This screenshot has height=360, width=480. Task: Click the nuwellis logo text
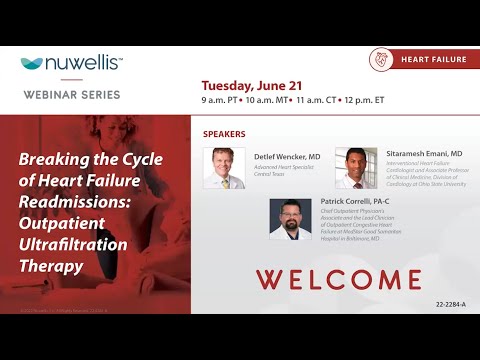[x=80, y=65]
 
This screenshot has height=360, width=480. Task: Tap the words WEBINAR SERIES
[x=71, y=95]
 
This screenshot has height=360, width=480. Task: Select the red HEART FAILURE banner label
[x=433, y=60]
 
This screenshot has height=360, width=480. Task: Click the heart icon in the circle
[x=381, y=59]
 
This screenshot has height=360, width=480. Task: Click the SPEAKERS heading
[x=224, y=133]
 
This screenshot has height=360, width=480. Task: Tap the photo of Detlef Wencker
[x=223, y=167]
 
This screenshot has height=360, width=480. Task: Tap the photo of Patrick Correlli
[x=290, y=218]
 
